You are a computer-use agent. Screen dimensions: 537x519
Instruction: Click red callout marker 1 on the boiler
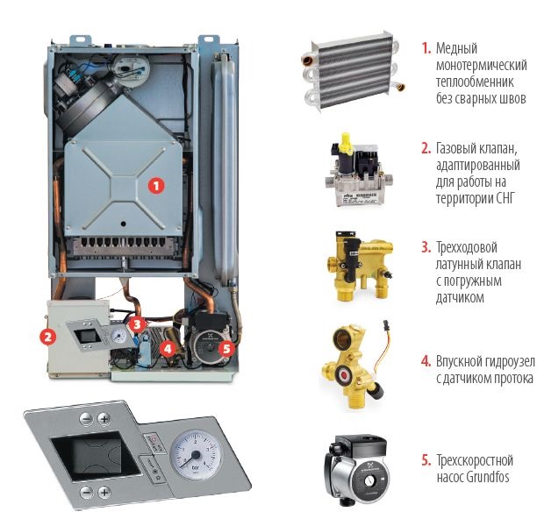(x=156, y=186)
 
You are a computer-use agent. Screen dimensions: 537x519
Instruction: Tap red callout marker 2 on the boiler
(x=48, y=337)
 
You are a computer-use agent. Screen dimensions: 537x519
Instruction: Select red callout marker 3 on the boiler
(x=137, y=323)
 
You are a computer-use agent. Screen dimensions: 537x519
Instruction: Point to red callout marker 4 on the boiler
(x=168, y=349)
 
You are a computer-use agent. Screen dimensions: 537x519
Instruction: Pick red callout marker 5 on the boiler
(x=226, y=349)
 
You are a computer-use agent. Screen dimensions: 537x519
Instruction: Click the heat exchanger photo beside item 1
(x=353, y=71)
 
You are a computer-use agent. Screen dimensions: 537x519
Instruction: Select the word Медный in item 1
(x=456, y=48)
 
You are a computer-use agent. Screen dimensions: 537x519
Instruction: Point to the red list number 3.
(x=426, y=247)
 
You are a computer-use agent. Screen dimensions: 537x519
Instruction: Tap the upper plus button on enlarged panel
(x=104, y=419)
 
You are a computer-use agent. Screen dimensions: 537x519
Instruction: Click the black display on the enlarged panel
(x=96, y=454)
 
